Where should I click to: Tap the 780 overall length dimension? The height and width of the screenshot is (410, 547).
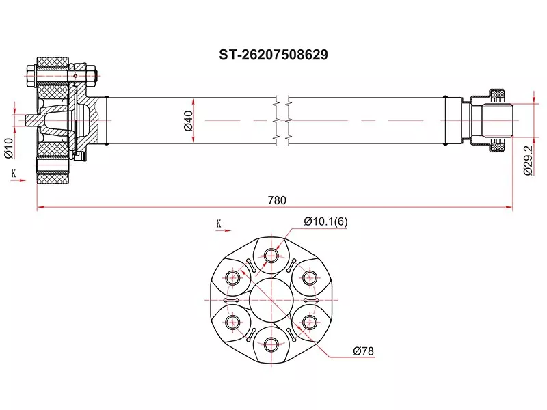276,200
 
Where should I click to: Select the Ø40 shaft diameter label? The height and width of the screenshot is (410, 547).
187,120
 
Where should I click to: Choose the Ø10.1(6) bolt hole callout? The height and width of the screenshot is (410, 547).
325,222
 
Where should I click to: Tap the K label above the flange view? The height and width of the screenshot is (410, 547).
218,222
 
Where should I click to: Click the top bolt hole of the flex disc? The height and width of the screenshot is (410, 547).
271,256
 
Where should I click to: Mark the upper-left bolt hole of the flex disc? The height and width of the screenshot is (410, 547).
234,277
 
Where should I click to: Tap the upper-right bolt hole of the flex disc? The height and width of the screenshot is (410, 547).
310,277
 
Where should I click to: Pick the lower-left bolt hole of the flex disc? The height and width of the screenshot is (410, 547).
234,322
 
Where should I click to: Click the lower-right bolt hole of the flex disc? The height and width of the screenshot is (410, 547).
310,322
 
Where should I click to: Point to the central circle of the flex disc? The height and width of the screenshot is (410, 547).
271,300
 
